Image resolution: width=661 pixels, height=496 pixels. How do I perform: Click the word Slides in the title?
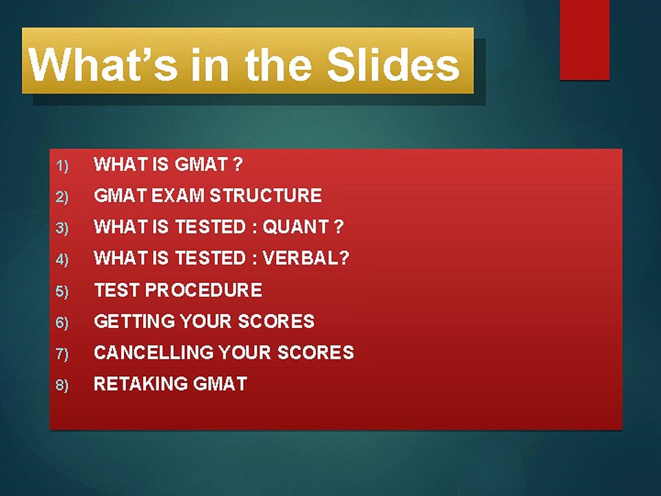392,65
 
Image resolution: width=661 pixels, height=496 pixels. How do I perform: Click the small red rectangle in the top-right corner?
585,40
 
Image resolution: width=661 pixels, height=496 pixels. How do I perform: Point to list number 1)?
63,165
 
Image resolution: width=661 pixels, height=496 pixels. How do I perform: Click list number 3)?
63,228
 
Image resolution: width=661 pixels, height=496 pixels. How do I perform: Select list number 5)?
63,291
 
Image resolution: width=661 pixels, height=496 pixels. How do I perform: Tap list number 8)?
63,385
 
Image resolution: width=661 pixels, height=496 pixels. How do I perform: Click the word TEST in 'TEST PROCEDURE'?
117,290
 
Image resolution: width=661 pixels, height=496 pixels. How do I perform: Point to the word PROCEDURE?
204,290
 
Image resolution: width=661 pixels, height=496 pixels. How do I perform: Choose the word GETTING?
134,321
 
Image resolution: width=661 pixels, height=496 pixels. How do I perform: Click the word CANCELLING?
154,353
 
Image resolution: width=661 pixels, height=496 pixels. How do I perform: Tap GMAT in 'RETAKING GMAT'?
220,384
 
